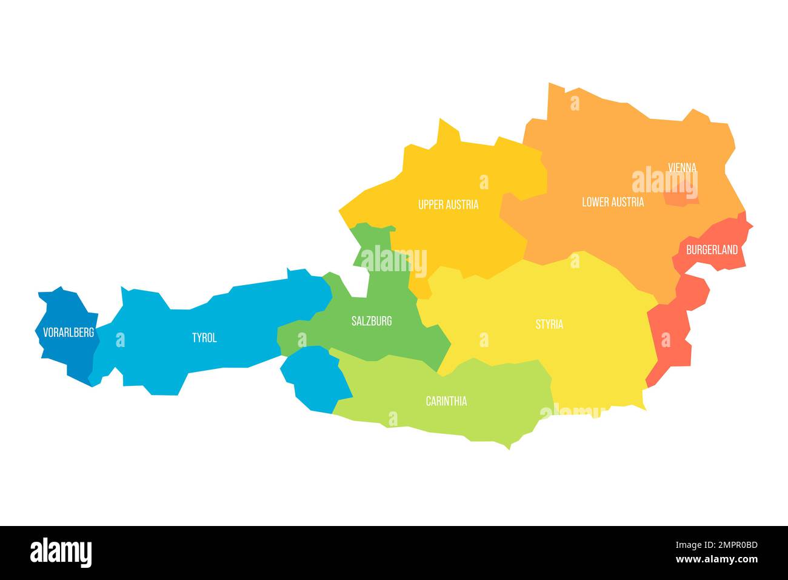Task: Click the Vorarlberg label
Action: [68, 332]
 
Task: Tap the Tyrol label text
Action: [204, 338]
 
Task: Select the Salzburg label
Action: [372, 321]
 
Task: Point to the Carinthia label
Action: [446, 401]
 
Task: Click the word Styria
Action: [549, 325]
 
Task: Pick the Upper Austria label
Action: [448, 204]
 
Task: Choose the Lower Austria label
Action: [613, 202]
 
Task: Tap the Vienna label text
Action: [682, 167]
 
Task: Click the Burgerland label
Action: [712, 249]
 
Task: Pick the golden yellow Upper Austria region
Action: [461, 237]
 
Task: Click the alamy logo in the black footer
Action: [61, 553]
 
